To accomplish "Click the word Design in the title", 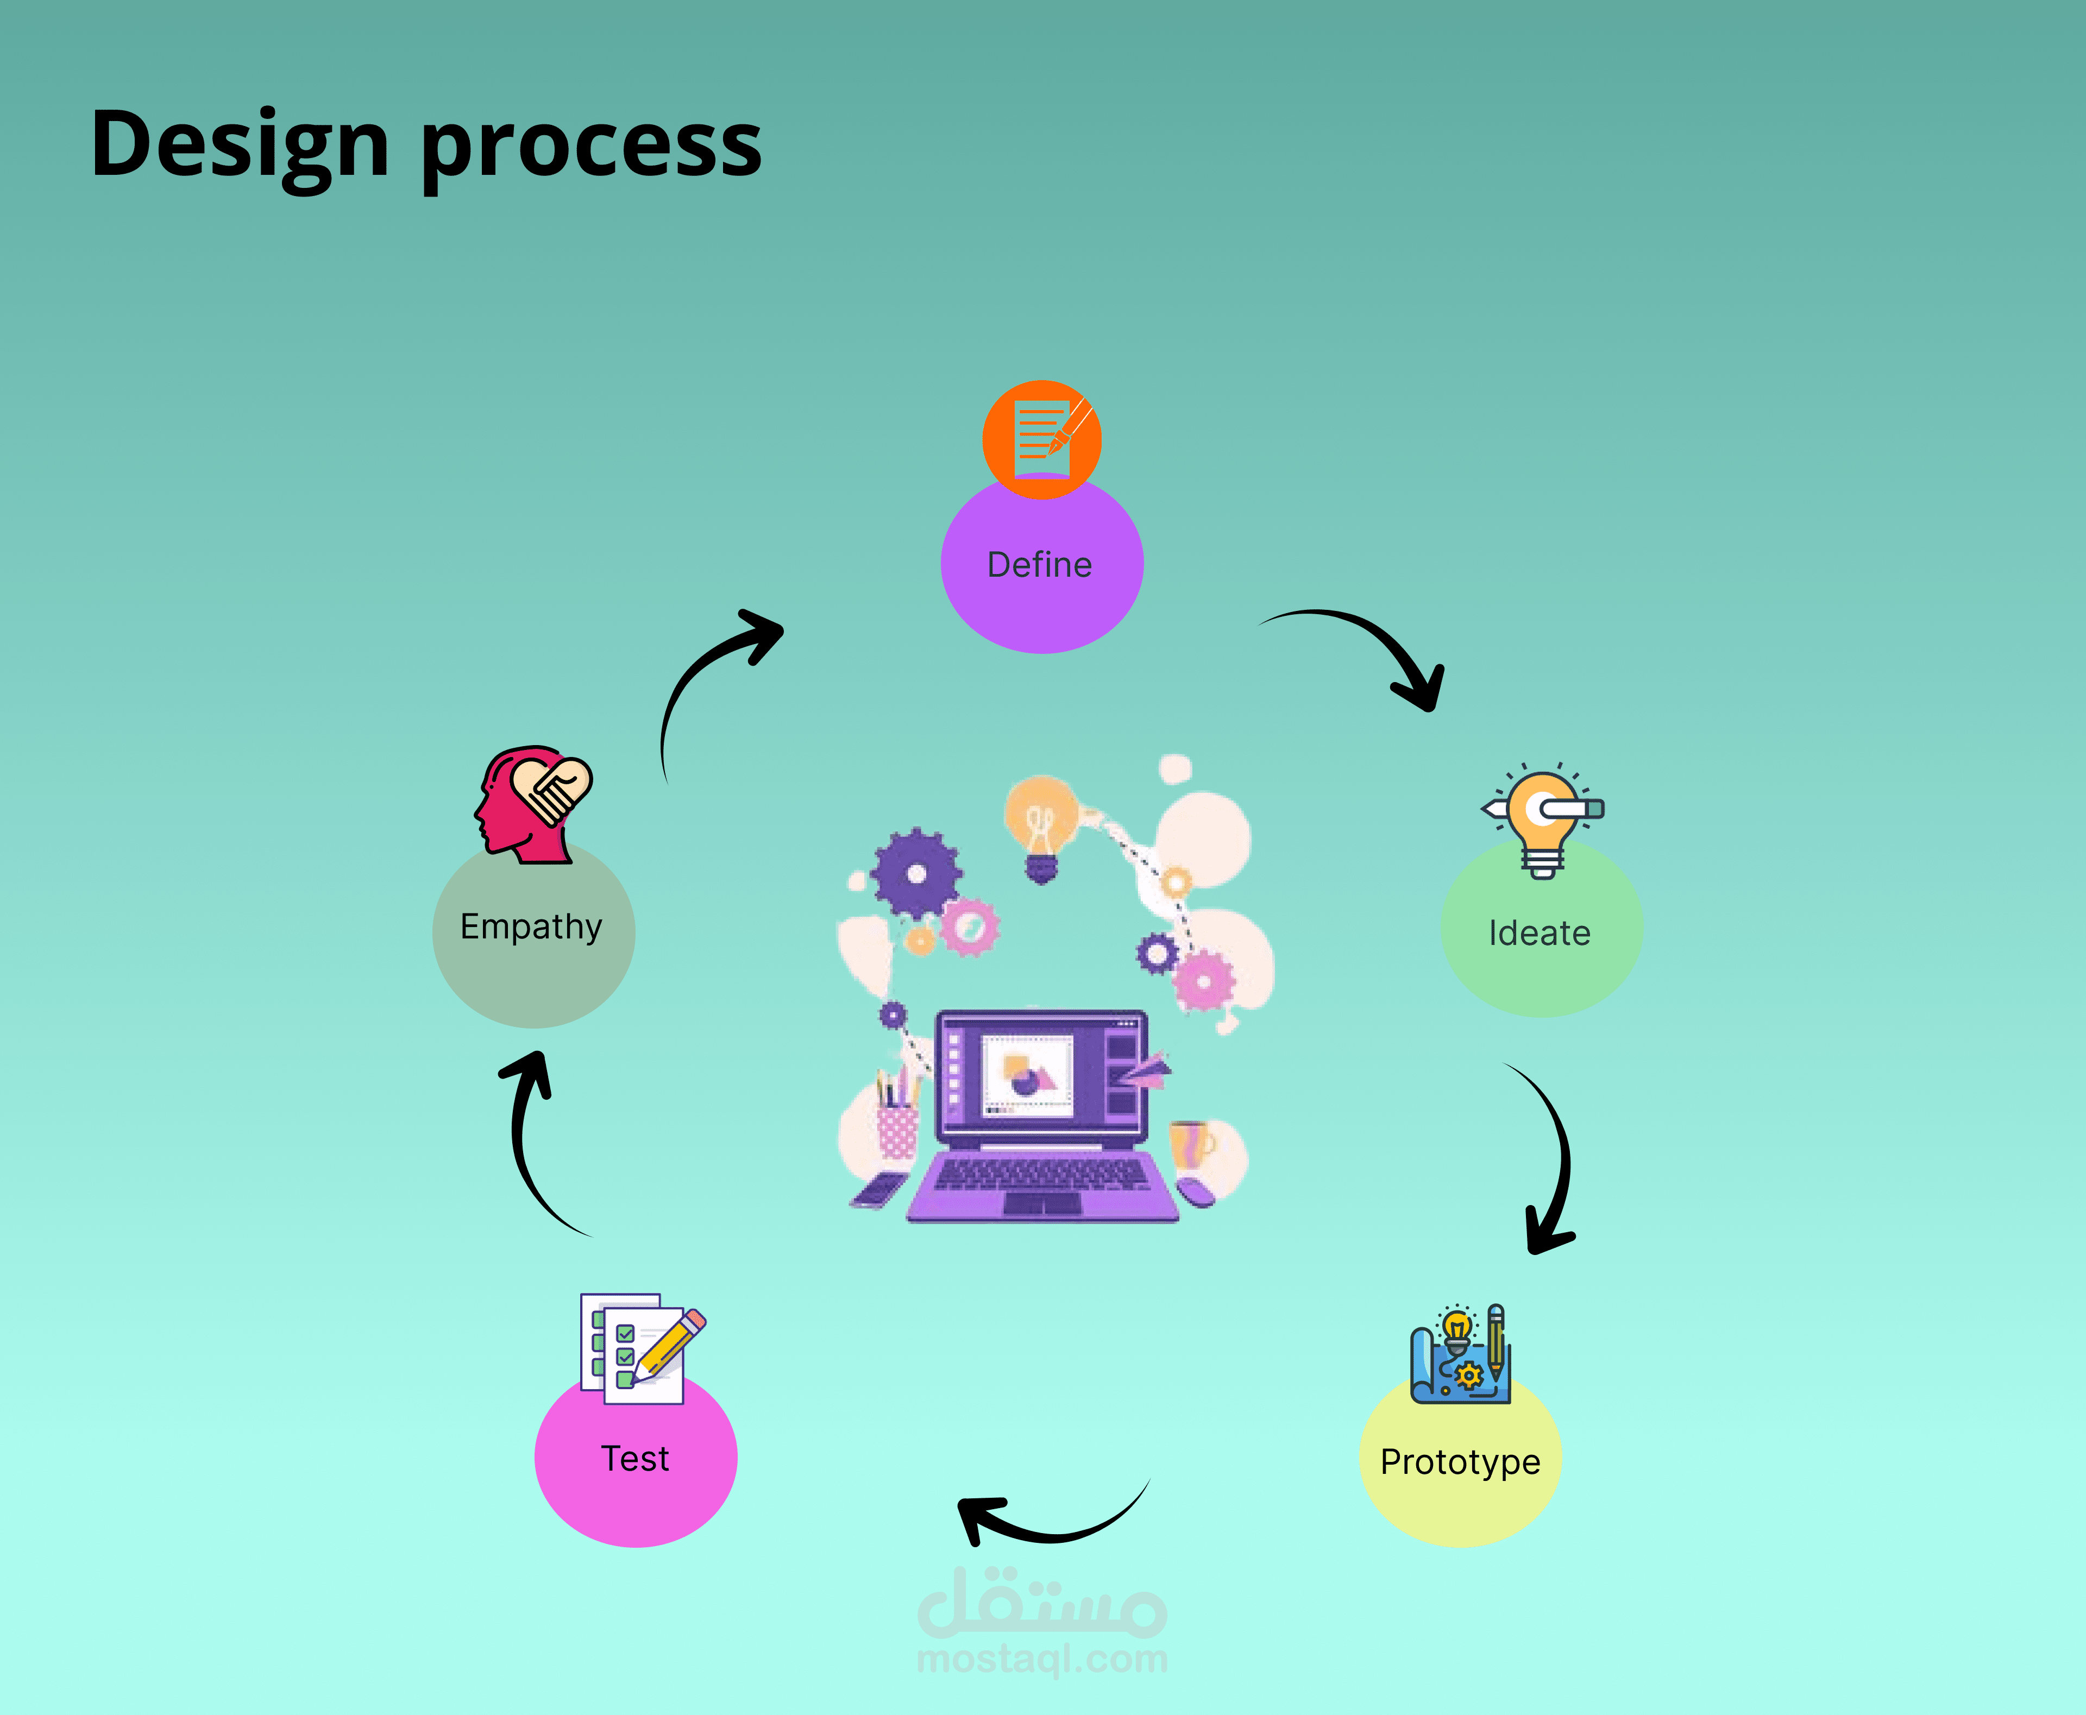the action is point(240,146).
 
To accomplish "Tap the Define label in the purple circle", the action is point(1040,565).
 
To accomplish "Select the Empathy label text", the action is point(532,926).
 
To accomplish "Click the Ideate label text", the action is point(1540,934).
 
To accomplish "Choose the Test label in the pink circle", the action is point(636,1459).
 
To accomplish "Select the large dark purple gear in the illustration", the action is point(916,873).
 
